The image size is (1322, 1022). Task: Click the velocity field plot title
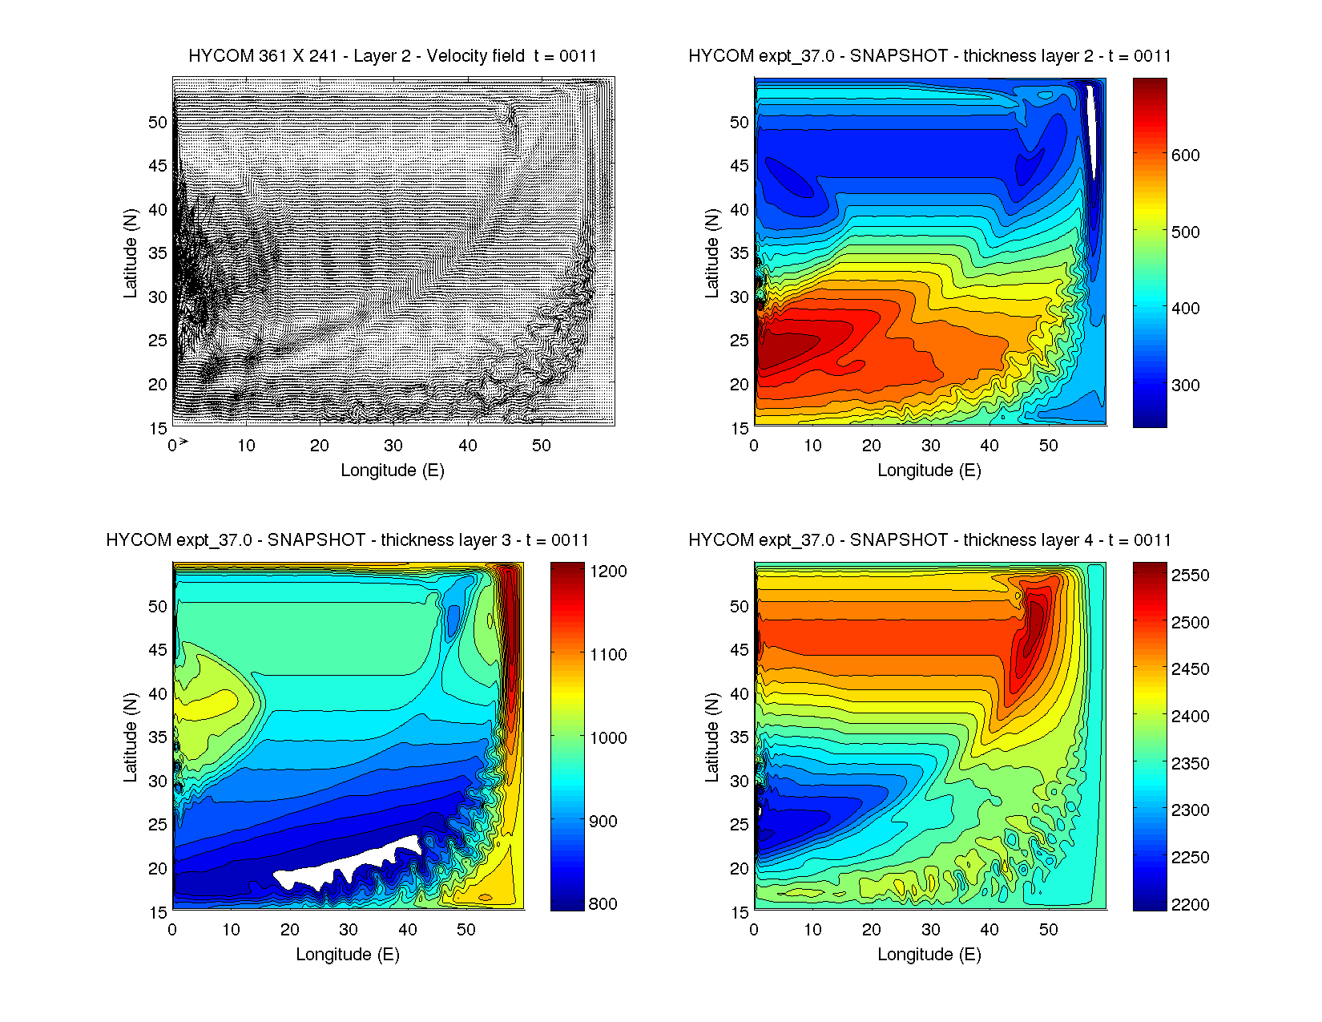[x=393, y=56]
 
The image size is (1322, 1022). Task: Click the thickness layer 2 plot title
[x=929, y=56]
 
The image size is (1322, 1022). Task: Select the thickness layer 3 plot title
[x=348, y=540]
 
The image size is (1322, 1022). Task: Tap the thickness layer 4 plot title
[x=929, y=540]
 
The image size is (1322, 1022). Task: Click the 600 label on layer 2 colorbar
[x=1185, y=156]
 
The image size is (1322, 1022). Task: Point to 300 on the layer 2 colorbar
[x=1185, y=386]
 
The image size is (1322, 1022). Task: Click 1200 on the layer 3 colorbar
[x=608, y=572]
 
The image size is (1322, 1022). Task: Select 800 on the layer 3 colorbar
[x=603, y=904]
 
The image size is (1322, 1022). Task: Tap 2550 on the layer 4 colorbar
[x=1190, y=576]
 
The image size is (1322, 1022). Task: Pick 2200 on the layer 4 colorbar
[x=1190, y=905]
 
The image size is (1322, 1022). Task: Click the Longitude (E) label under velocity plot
[x=393, y=471]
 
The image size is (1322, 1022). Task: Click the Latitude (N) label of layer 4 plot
[x=711, y=737]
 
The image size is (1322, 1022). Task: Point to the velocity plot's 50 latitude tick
[x=158, y=123]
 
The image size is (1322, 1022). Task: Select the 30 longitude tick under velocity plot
[x=393, y=446]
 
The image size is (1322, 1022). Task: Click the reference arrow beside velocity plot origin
[x=183, y=441]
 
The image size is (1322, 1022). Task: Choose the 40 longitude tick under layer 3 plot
[x=408, y=930]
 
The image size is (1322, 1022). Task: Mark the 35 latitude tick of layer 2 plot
[x=740, y=253]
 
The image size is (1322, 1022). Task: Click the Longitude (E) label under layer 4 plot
[x=929, y=955]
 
